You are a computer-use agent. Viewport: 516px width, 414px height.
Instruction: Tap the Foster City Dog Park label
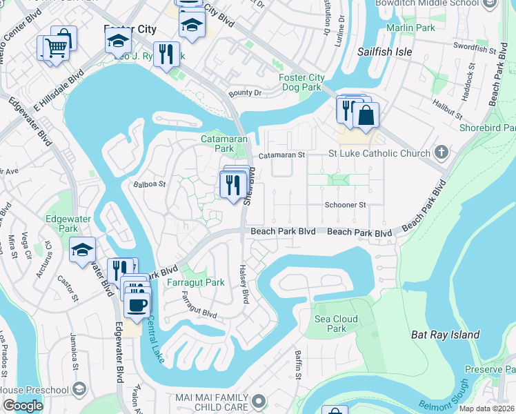301,82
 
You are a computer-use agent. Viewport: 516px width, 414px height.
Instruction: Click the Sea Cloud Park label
336,324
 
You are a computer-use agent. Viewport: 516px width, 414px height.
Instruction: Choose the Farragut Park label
195,282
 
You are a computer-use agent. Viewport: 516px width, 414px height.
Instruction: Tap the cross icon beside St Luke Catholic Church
442,152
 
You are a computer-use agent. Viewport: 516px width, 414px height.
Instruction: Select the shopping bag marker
366,115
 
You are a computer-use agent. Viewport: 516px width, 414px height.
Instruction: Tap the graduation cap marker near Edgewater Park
83,249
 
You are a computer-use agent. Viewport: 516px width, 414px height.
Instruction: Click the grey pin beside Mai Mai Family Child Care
259,400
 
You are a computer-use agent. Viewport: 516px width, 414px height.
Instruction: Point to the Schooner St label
345,205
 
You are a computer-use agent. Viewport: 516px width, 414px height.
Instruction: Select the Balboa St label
150,184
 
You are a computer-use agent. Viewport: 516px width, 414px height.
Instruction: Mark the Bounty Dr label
246,92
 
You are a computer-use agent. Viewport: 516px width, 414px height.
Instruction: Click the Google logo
23,406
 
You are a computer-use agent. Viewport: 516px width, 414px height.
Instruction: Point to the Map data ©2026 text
486,408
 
